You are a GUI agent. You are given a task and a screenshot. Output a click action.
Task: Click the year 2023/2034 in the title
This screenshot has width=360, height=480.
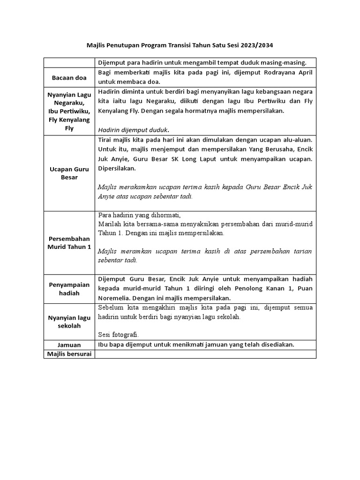pyautogui.click(x=257, y=45)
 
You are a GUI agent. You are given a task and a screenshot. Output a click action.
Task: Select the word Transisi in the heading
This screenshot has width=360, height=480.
pyautogui.click(x=176, y=45)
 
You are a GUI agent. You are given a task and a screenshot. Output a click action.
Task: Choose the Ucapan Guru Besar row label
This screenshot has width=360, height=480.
pyautogui.click(x=69, y=173)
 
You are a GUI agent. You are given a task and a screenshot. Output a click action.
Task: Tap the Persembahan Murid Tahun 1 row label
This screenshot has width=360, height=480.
pyautogui.click(x=69, y=242)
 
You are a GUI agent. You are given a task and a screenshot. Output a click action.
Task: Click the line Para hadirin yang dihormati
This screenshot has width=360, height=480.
pyautogui.click(x=139, y=215)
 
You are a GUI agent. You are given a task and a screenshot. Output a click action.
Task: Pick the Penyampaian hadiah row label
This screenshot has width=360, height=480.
pyautogui.click(x=69, y=289)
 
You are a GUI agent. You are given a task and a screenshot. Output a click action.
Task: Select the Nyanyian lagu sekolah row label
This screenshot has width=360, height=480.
pyautogui.click(x=69, y=322)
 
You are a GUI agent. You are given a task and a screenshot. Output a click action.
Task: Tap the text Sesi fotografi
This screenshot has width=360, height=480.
pyautogui.click(x=119, y=335)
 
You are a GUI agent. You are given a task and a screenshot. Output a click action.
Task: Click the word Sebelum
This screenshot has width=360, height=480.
pyautogui.click(x=112, y=308)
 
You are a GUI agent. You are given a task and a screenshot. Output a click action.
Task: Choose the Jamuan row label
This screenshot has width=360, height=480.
pyautogui.click(x=69, y=345)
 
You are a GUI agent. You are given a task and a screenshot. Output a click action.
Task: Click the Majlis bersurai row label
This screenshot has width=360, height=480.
pyautogui.click(x=69, y=354)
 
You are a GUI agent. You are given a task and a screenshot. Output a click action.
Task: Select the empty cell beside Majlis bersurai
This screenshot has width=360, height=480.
pyautogui.click(x=205, y=354)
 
